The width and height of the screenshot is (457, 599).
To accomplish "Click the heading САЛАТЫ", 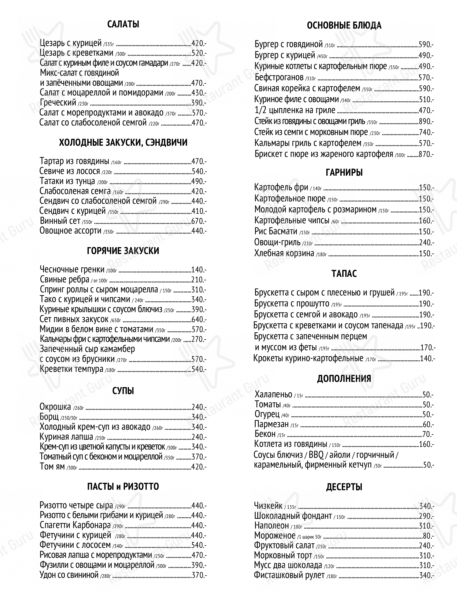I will coord(123,25).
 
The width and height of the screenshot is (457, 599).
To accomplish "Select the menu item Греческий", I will coord(58,103).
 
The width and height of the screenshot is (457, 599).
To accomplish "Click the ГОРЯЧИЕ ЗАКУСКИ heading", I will coord(123,250).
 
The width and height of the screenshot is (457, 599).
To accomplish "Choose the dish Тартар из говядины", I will coord(74,161).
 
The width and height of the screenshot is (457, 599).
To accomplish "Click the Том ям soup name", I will coord(52,467).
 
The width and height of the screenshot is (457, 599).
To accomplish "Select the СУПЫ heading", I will coord(123,391).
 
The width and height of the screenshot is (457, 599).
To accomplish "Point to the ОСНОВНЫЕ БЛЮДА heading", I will coord(344,25).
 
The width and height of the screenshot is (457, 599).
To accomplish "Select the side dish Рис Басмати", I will coord(276,231).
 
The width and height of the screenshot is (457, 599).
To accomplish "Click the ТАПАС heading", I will coord(344,274).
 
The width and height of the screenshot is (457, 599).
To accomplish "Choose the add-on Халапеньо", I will coord(273,394).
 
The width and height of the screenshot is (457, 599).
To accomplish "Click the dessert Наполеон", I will coord(271,525).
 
